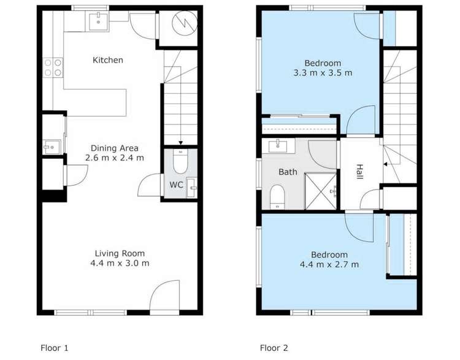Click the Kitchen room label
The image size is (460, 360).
pos(108,60)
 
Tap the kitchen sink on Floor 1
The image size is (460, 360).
pos(98,21)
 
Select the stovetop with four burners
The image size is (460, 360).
pos(52,67)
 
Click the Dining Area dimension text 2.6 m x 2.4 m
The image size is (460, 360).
pos(114,158)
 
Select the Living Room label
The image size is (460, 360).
pos(120,253)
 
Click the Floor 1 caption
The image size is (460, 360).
pos(55,348)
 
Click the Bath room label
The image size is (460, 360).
pos(288,172)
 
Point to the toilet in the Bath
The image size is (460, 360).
pos(277,196)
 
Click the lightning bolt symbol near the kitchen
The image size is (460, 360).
pos(181,25)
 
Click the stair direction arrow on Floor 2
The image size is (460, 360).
pos(385,164)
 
